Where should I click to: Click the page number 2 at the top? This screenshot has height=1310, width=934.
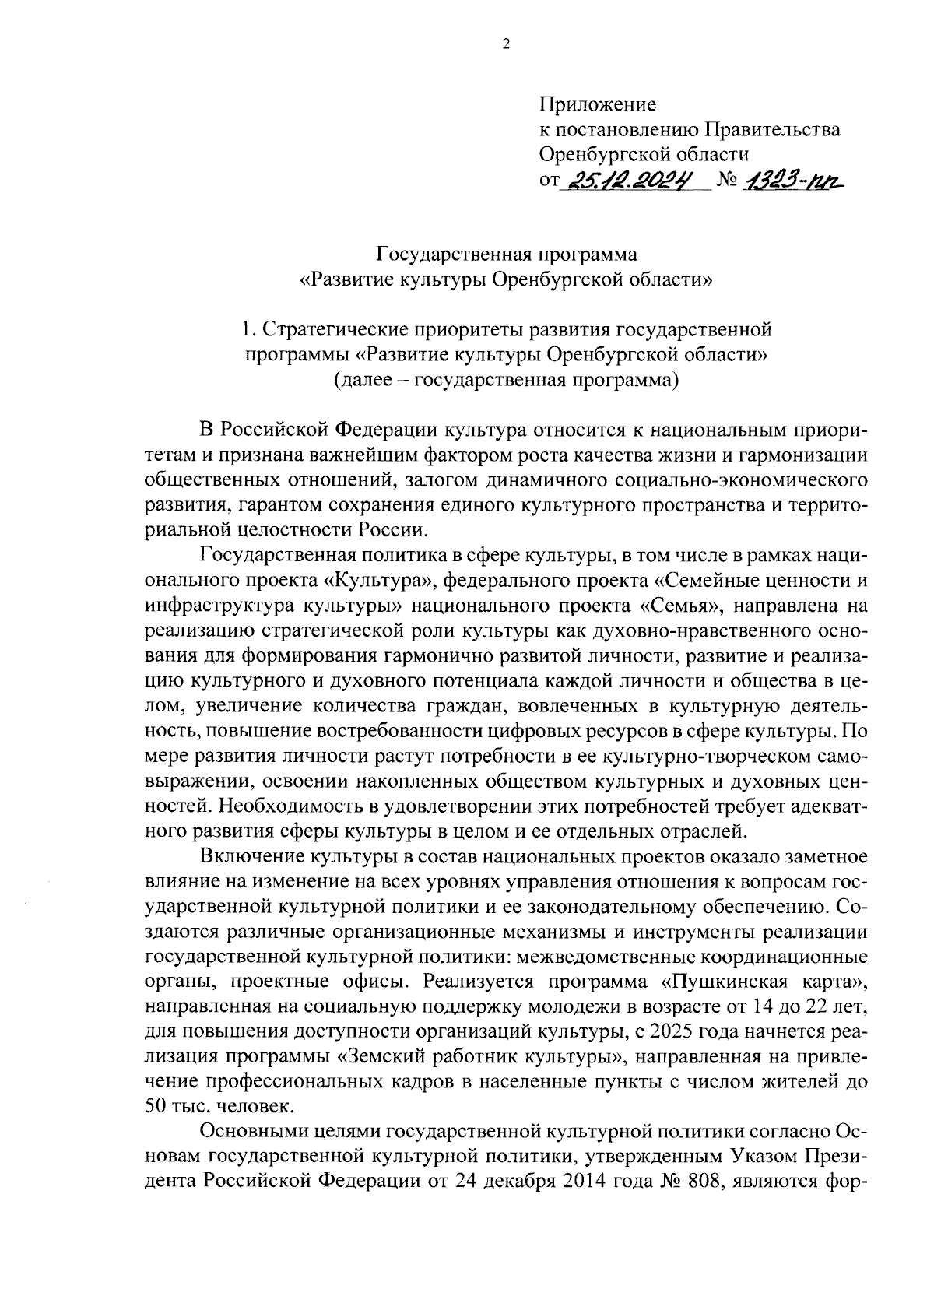pos(506,45)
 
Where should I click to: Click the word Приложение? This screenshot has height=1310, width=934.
pos(598,104)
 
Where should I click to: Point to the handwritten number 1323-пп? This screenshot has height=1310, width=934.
pos(794,181)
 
